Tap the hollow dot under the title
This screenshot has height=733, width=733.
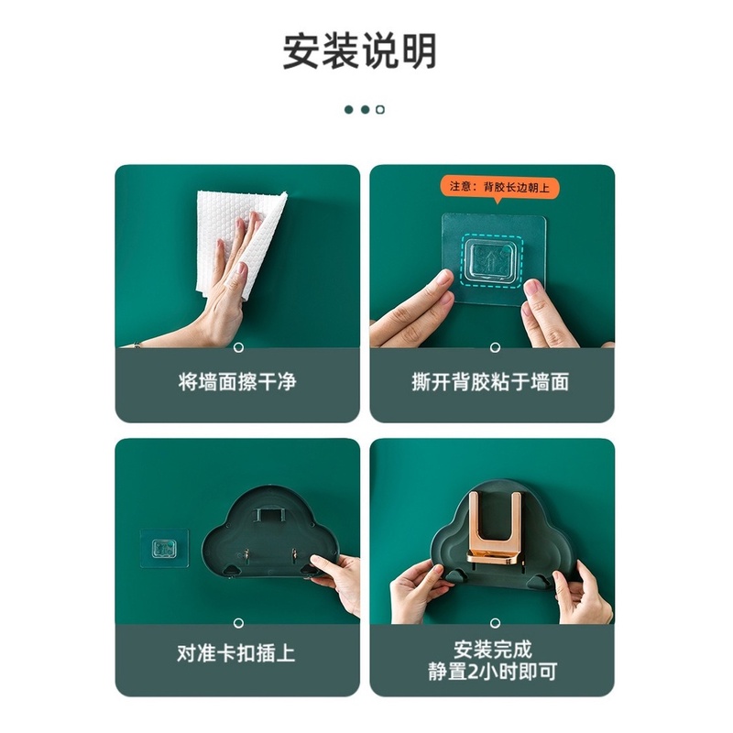point(380,109)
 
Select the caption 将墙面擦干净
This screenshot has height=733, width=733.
point(237,381)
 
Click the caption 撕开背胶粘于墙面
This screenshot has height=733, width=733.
point(490,381)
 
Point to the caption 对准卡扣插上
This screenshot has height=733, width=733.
point(237,654)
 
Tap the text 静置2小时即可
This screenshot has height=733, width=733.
point(490,673)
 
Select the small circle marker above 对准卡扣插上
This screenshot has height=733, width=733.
point(237,621)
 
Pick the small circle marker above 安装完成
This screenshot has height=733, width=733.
point(491,621)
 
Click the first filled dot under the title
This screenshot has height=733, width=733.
point(349,109)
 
